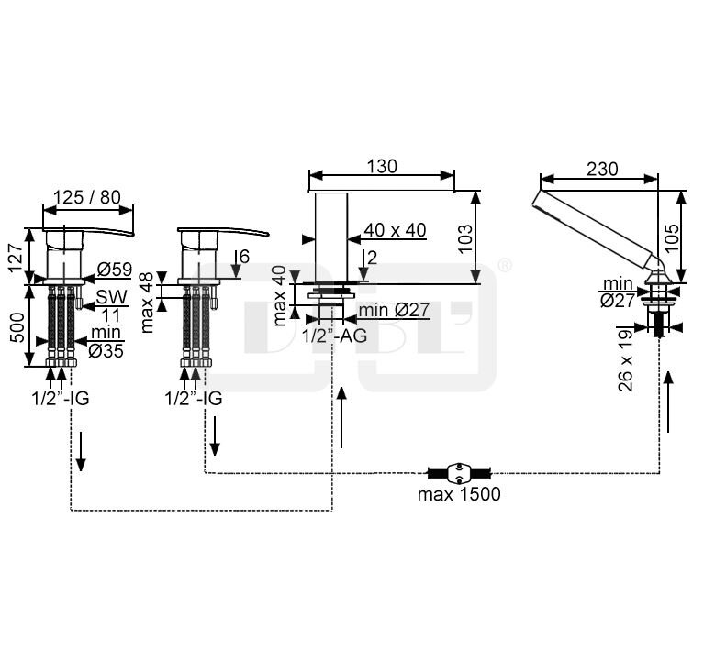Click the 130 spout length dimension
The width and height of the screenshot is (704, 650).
pyautogui.click(x=381, y=166)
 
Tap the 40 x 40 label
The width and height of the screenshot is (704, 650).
pyautogui.click(x=395, y=230)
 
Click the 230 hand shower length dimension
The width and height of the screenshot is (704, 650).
pyautogui.click(x=601, y=169)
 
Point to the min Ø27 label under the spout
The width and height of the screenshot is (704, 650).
pyautogui.click(x=394, y=310)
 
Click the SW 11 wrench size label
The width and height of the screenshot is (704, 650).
pyautogui.click(x=111, y=305)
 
